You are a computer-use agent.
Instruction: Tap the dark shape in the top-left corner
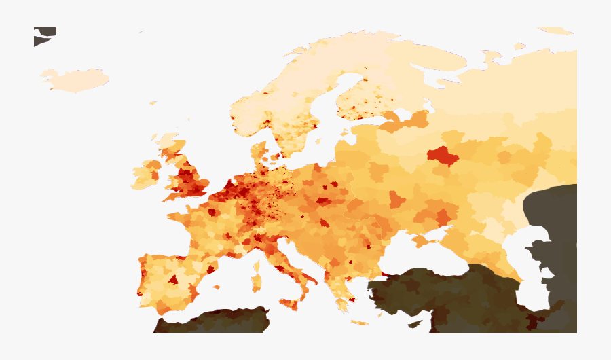pyautogui.click(x=43, y=35)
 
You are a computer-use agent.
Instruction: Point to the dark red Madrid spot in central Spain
pyautogui.click(x=173, y=279)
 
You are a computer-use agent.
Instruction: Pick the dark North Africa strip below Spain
pyautogui.click(x=210, y=322)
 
